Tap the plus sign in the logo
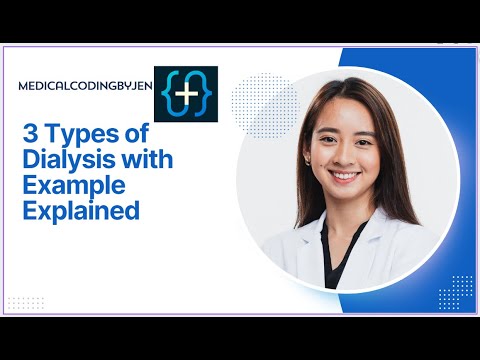[187, 88]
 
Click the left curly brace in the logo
[168, 88]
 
